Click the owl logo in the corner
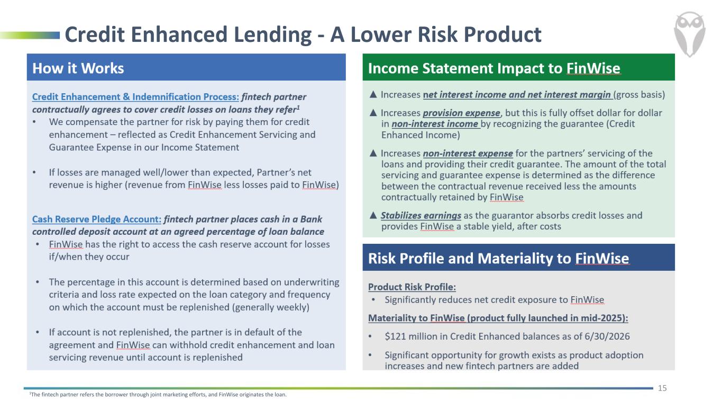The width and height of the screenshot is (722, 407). (x=689, y=34)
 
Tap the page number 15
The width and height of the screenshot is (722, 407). (x=662, y=388)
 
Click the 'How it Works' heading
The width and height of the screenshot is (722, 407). (x=78, y=68)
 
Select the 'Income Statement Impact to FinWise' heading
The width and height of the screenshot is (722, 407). (x=494, y=68)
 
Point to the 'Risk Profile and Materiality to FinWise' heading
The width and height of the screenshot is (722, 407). (x=498, y=259)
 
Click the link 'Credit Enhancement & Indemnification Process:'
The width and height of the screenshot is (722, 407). (x=136, y=96)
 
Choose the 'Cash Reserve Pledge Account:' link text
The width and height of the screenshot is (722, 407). (x=97, y=219)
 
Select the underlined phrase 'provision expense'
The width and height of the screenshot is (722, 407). (x=462, y=113)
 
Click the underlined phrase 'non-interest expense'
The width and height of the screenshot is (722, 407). (x=468, y=153)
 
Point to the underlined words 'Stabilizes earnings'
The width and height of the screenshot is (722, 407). (x=421, y=216)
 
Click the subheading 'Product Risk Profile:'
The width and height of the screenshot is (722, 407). (x=412, y=287)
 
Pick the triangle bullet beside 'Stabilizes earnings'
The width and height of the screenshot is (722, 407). (x=373, y=215)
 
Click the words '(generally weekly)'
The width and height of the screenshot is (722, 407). (x=271, y=307)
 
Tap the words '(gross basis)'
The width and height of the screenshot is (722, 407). (x=639, y=95)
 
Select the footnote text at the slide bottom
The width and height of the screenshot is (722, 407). (x=158, y=394)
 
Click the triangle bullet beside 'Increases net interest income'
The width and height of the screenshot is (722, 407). (x=373, y=94)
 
